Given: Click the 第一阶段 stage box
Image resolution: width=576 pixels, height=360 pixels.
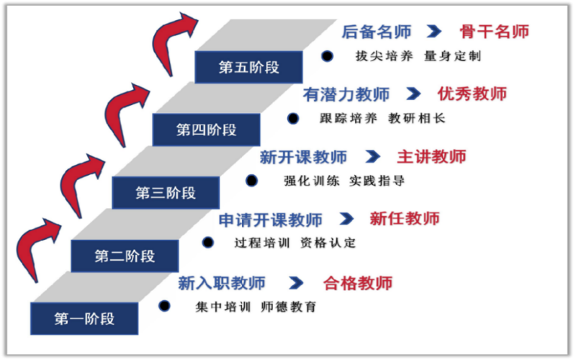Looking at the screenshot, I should (x=84, y=318).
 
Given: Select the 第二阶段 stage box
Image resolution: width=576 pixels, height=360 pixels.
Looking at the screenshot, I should (x=125, y=256).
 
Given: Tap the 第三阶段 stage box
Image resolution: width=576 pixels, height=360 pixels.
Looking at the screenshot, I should (x=166, y=193).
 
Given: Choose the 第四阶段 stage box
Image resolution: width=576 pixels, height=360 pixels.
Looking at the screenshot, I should (x=206, y=130).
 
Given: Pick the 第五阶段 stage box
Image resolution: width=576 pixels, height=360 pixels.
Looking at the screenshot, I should (x=248, y=68).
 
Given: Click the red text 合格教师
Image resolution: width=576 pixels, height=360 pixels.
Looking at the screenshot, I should (x=358, y=283).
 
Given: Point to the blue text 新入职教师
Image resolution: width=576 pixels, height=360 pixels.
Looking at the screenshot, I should (x=221, y=283).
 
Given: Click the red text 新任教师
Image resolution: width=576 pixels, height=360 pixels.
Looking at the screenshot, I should (x=405, y=220).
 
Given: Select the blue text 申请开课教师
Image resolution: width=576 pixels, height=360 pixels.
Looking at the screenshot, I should (x=270, y=220).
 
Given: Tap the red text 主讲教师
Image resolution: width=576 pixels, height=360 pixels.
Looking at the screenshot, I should (x=431, y=157).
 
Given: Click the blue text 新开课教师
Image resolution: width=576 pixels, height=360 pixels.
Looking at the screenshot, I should (x=303, y=157).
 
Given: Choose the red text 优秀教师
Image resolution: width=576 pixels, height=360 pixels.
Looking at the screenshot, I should (x=472, y=94).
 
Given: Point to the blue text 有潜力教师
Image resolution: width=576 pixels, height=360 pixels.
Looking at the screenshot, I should (x=346, y=94).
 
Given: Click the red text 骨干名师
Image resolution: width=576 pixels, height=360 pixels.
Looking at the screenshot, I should (x=494, y=32).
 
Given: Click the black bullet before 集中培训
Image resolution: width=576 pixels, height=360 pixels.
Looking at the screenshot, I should (x=165, y=306).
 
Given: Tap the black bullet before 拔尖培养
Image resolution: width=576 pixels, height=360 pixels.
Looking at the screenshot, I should (x=328, y=55).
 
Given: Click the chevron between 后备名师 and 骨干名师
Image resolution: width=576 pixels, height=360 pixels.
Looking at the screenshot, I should (x=433, y=32).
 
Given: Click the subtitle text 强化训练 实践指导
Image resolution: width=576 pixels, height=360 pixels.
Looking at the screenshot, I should (x=344, y=181).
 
